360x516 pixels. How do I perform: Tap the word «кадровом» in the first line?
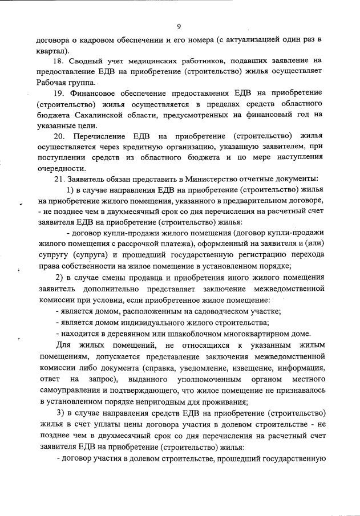tap(98, 40)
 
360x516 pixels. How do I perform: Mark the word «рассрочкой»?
tap(122, 244)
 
